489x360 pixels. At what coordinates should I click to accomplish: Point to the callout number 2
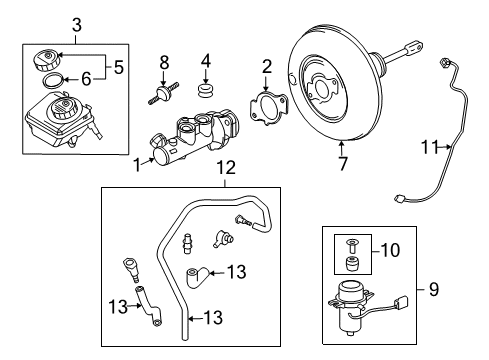pos(267,67)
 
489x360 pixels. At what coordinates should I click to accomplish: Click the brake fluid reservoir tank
pos(58,120)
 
